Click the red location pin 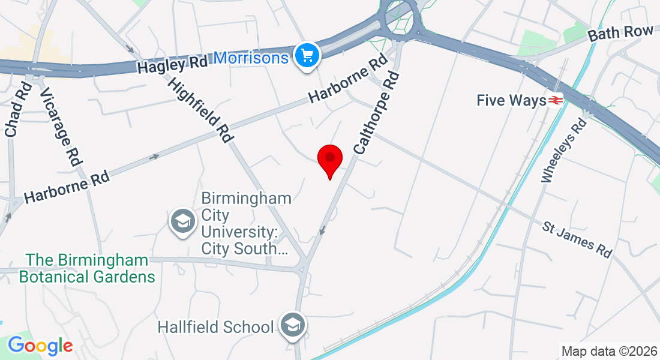click(x=329, y=159)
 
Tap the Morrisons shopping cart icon click(x=308, y=56)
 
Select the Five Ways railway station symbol click(x=555, y=100)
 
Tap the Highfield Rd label click(x=200, y=110)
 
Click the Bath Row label click(x=620, y=33)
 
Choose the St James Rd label click(x=578, y=239)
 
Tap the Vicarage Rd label click(x=61, y=127)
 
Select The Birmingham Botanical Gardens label click(x=87, y=268)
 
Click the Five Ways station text click(x=511, y=100)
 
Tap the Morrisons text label click(x=251, y=58)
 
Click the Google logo click(x=40, y=346)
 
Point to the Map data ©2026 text click(x=608, y=350)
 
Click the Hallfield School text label click(x=216, y=327)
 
